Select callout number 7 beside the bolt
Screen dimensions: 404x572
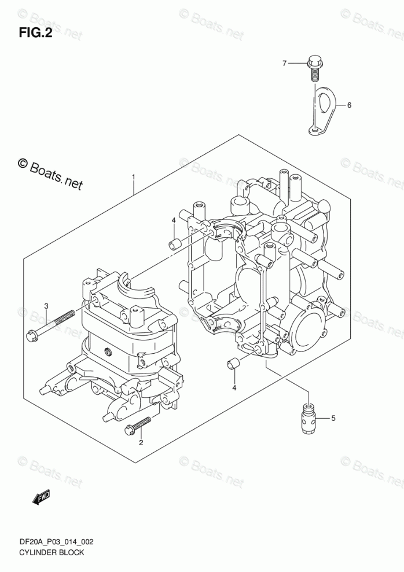point(284,63)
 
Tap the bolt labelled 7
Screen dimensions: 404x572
point(314,66)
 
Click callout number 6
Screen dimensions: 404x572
point(349,105)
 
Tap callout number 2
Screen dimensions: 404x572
point(140,443)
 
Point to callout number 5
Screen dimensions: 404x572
point(333,417)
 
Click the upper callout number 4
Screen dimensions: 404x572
point(172,221)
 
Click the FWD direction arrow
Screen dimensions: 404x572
point(41,496)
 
